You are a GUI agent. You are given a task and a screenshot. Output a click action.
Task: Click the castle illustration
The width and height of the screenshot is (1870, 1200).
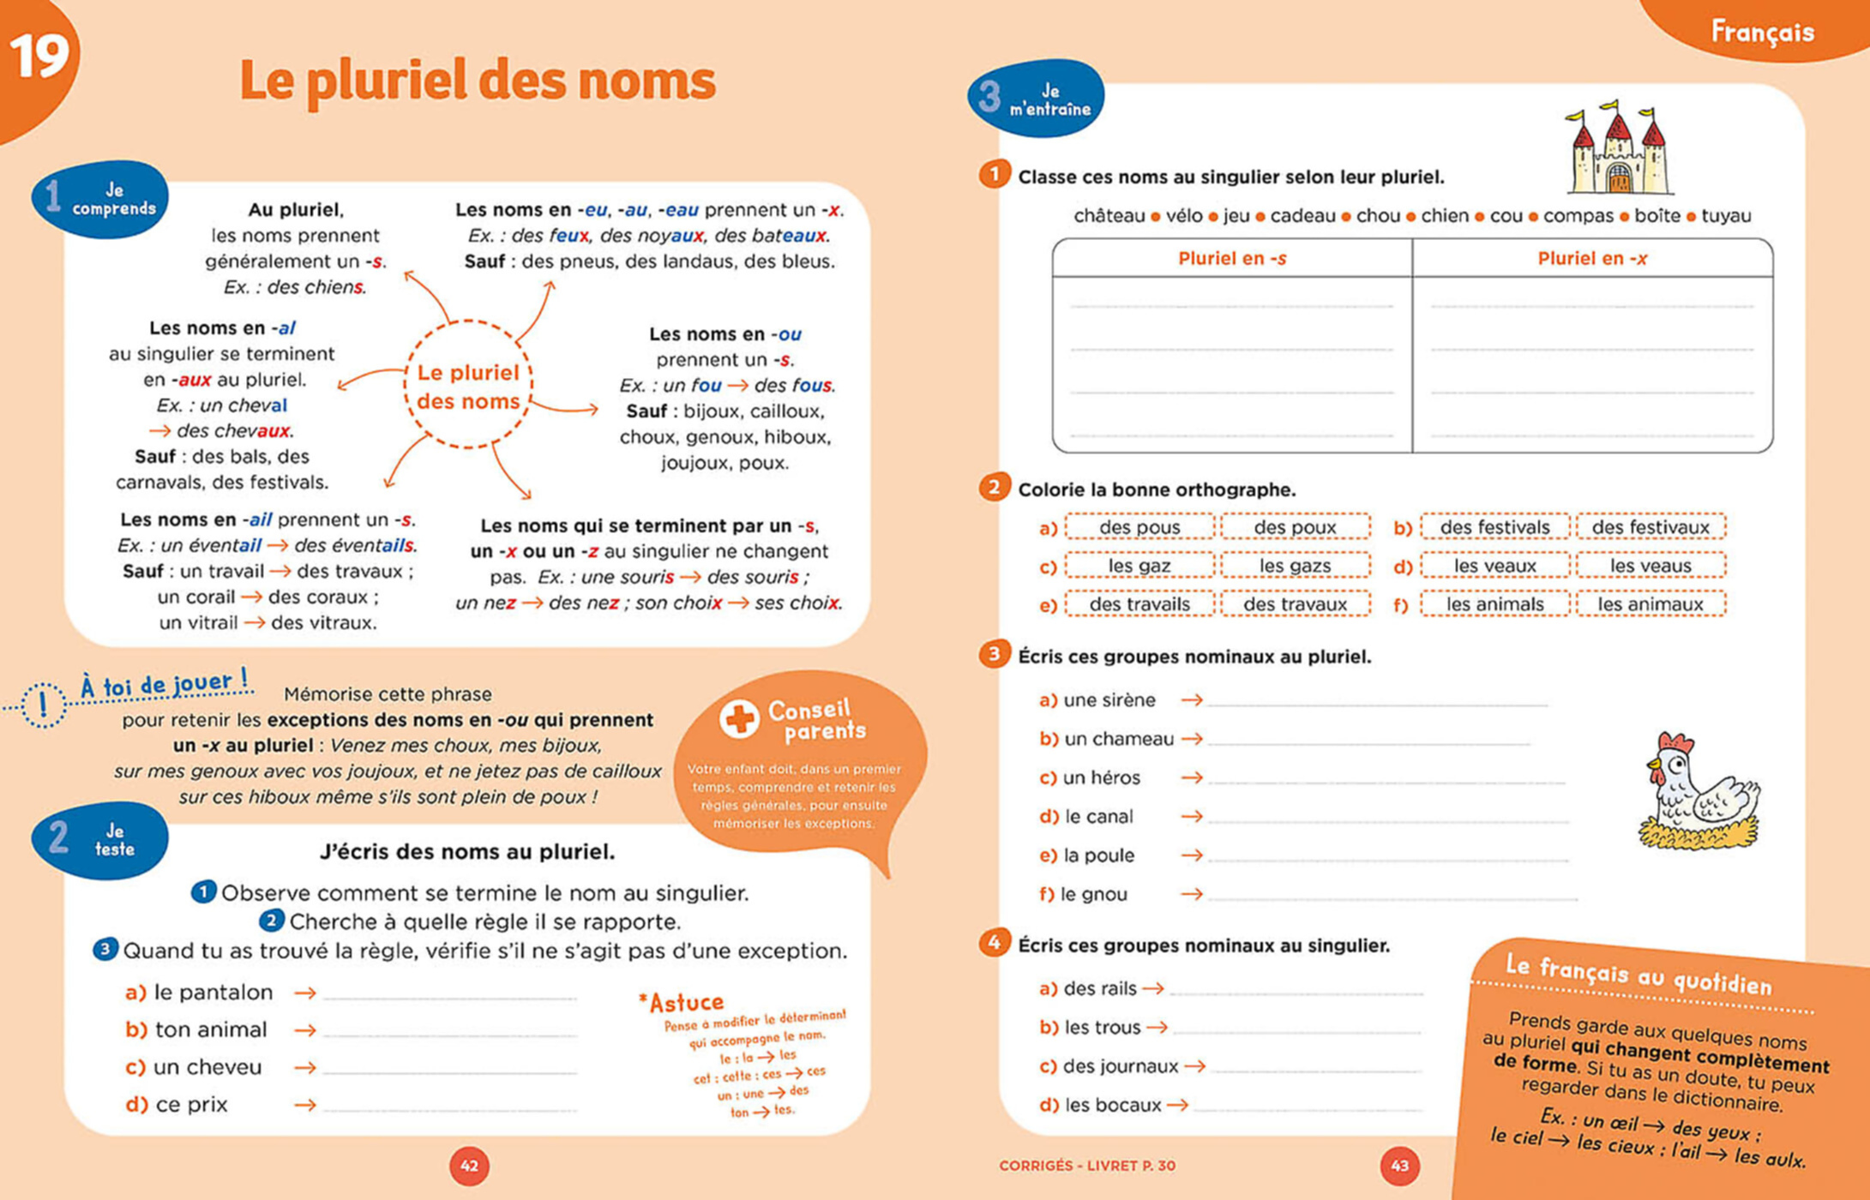pyautogui.click(x=1619, y=149)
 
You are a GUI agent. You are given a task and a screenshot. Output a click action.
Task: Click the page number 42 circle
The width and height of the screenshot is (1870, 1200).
pyautogui.click(x=469, y=1166)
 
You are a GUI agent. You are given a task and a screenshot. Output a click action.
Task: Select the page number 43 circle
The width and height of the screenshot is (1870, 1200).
pyautogui.click(x=1399, y=1166)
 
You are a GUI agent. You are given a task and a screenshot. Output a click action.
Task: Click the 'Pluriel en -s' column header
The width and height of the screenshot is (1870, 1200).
pyautogui.click(x=1231, y=258)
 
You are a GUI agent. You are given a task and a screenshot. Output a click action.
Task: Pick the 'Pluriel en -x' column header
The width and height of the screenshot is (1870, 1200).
pyautogui.click(x=1591, y=258)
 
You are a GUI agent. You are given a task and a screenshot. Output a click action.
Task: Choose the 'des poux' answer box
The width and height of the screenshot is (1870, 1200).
pyautogui.click(x=1295, y=527)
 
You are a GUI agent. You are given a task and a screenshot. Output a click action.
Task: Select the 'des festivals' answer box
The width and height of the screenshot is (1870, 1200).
pyautogui.click(x=1494, y=527)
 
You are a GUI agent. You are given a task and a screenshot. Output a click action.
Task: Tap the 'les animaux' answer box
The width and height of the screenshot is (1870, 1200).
pyautogui.click(x=1650, y=604)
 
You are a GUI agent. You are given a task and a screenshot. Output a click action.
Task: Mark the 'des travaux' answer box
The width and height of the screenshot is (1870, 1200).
pyautogui.click(x=1295, y=604)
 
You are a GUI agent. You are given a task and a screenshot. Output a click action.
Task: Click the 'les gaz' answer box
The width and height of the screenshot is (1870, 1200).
pyautogui.click(x=1139, y=566)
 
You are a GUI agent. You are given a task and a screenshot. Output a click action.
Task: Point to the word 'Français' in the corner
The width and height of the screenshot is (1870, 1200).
pyautogui.click(x=1762, y=33)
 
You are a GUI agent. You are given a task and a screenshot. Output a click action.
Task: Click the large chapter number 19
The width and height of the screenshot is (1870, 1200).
pyautogui.click(x=39, y=57)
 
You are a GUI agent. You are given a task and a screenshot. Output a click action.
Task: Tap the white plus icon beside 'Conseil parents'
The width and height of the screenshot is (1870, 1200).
pyautogui.click(x=739, y=719)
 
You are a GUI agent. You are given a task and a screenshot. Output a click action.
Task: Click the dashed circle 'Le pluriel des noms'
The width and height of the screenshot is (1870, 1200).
pyautogui.click(x=468, y=386)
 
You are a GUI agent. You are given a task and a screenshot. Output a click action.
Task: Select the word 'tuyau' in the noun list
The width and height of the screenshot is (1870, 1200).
pyautogui.click(x=1725, y=216)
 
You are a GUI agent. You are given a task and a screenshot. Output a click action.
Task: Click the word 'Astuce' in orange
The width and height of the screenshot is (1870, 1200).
pyautogui.click(x=682, y=1002)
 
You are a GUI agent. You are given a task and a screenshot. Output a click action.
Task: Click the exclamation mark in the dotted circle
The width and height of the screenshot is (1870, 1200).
pyautogui.click(x=43, y=705)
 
